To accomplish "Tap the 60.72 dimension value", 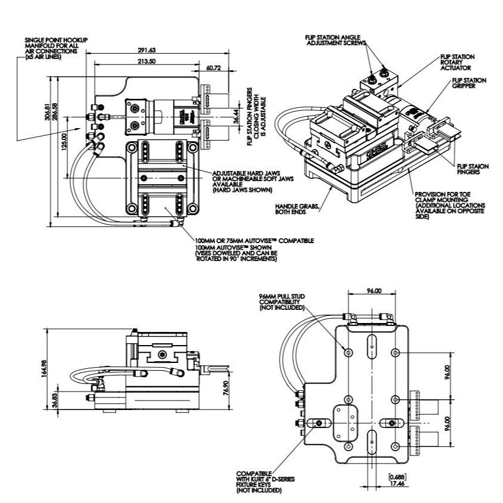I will (212, 69).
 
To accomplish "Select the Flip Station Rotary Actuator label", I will (457, 63).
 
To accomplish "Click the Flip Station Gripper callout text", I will (468, 83).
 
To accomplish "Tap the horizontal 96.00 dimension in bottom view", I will (374, 291).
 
